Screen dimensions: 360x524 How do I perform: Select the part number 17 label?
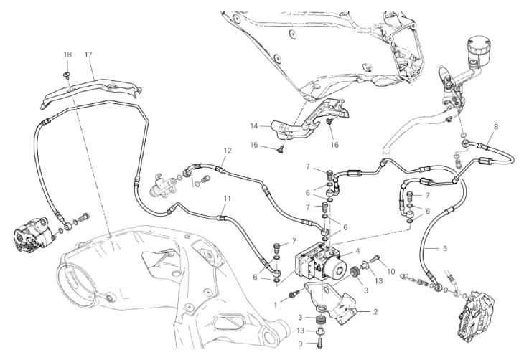[x=89, y=55]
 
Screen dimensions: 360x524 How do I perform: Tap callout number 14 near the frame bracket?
[x=253, y=125]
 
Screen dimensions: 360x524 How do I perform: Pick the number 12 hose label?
[x=227, y=151]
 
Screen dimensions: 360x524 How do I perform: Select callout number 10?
[x=392, y=272]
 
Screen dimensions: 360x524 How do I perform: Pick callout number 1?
[x=273, y=303]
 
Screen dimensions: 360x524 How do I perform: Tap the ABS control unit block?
[x=319, y=260]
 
